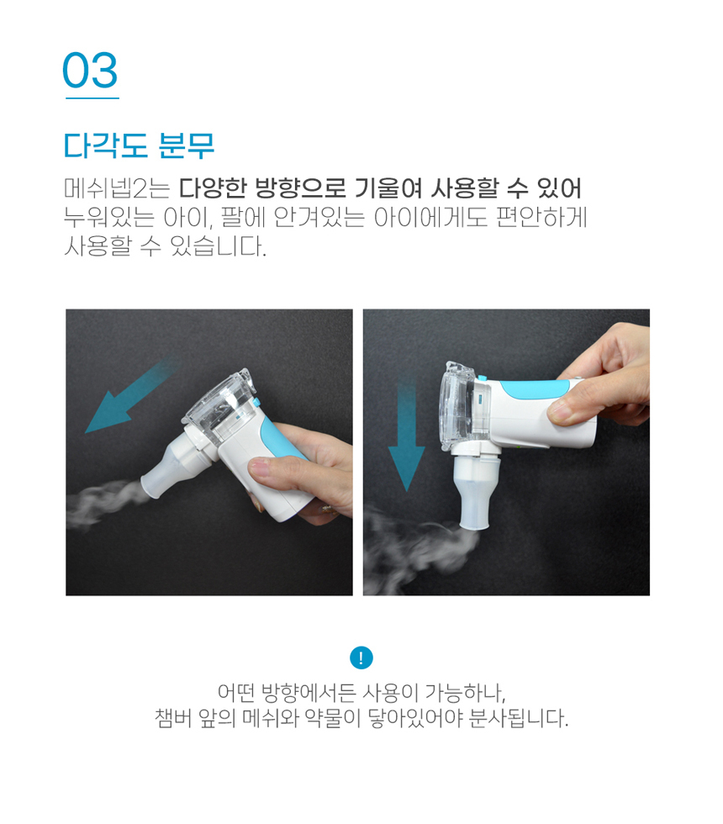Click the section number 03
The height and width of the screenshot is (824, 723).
pyautogui.click(x=90, y=71)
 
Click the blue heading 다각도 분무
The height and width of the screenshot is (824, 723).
pyautogui.click(x=140, y=145)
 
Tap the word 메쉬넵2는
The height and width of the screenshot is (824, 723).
pyautogui.click(x=117, y=188)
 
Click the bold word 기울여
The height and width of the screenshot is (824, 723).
pyautogui.click(x=388, y=188)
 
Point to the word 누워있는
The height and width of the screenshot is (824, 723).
pyautogui.click(x=108, y=217)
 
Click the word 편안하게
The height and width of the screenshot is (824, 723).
pyautogui.click(x=541, y=217)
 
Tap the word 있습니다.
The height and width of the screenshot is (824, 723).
pyautogui.click(x=218, y=246)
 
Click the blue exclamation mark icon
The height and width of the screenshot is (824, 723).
pyautogui.click(x=361, y=658)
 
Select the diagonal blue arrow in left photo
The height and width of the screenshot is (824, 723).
pyautogui.click(x=131, y=397)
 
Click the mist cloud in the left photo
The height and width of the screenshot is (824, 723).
pyautogui.click(x=103, y=502)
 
